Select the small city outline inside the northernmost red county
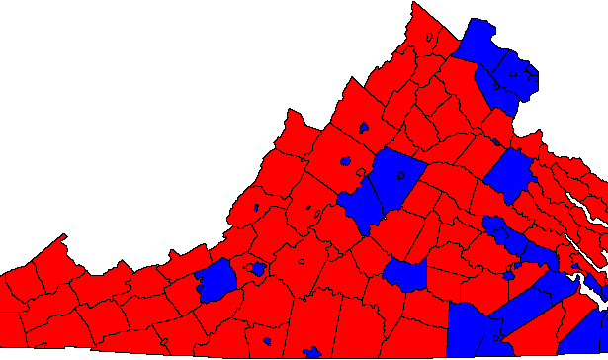coord(430,38)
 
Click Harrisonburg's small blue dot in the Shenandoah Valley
coord(364,128)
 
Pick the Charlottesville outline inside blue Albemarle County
coord(400,175)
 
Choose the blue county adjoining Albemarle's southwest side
coord(363,202)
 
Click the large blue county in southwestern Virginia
coord(217,280)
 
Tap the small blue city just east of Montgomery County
coord(258,269)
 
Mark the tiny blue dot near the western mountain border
coord(256,208)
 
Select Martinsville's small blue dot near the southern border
coord(269,341)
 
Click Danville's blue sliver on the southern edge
coord(312,352)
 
